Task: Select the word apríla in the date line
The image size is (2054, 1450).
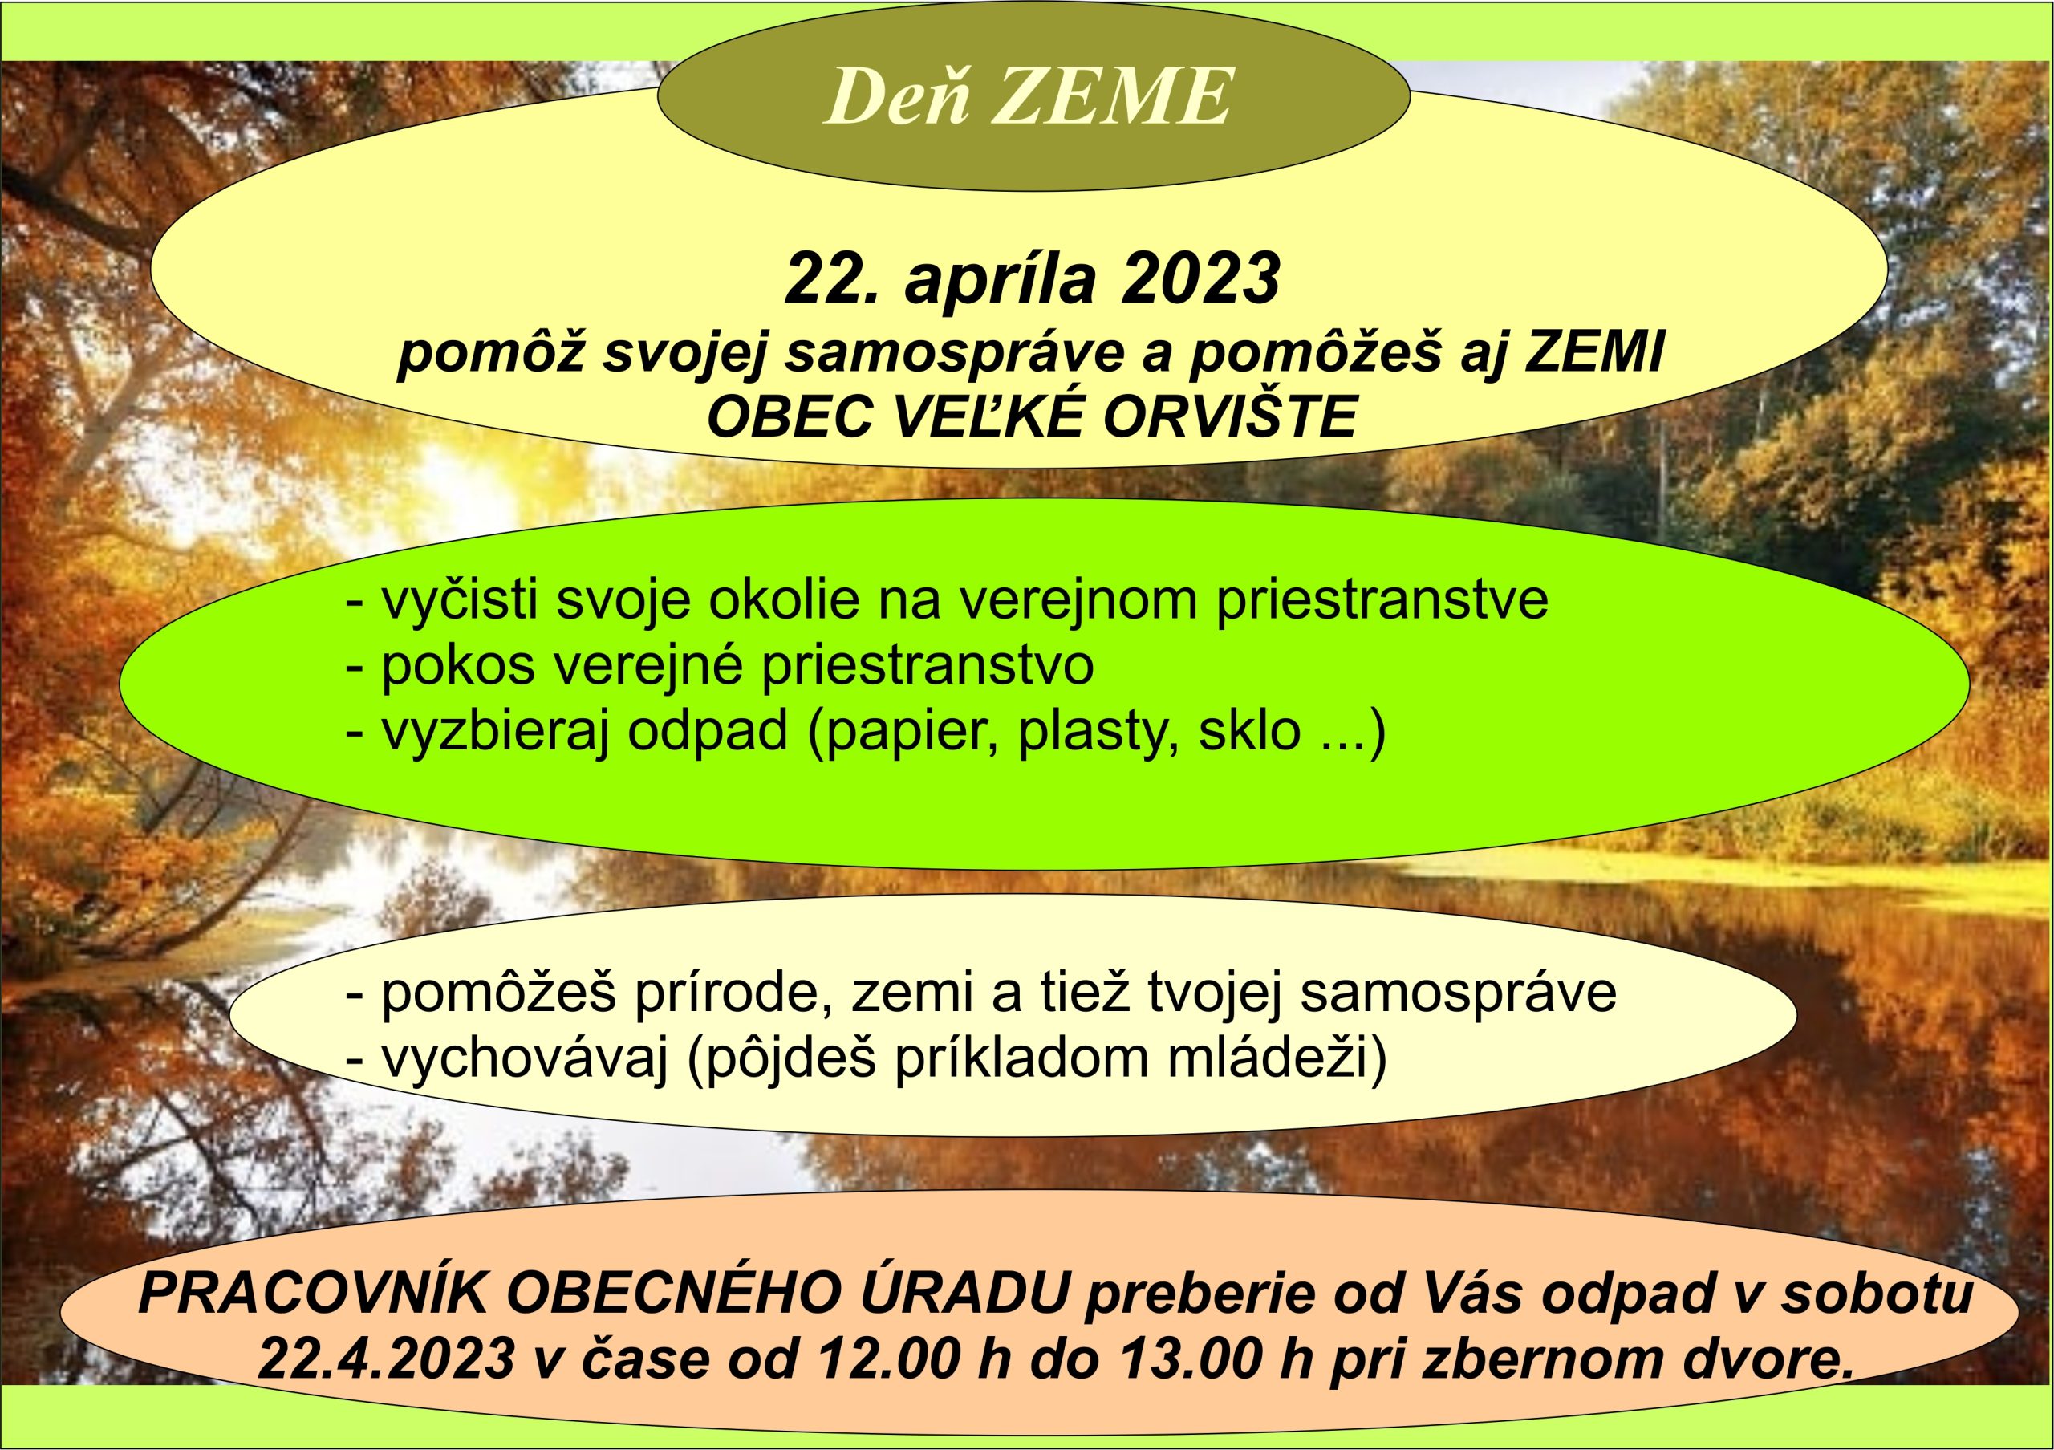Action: (x=1001, y=281)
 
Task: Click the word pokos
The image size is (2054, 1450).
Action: (x=458, y=665)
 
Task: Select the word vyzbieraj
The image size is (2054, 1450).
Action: (x=495, y=731)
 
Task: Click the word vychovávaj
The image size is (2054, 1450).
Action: (x=525, y=1058)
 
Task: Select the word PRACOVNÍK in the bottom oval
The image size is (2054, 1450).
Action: (x=313, y=1294)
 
